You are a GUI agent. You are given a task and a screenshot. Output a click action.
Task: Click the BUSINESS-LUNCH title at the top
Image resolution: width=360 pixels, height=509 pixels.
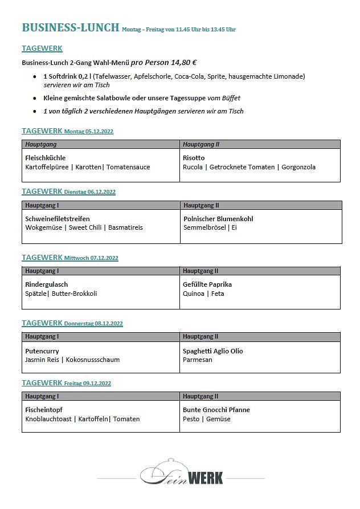[x=70, y=27]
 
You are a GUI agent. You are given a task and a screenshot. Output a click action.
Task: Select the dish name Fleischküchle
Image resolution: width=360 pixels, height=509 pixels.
[x=46, y=158]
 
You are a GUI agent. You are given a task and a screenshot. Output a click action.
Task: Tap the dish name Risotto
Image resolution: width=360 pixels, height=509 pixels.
[x=194, y=158]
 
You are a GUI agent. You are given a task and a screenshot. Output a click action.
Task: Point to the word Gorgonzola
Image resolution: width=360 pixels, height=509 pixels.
[x=298, y=167]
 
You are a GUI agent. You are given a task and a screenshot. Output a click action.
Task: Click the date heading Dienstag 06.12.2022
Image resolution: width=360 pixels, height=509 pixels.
[x=90, y=192]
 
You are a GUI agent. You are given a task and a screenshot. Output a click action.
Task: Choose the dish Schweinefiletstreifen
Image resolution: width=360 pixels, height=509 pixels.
[x=58, y=219]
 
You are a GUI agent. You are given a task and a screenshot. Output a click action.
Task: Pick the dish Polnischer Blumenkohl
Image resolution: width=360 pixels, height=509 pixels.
[x=218, y=219]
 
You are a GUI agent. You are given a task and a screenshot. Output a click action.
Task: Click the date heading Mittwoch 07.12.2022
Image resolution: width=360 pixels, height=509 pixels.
[x=91, y=258]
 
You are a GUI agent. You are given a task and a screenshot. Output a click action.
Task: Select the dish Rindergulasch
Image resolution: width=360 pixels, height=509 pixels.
[x=47, y=284]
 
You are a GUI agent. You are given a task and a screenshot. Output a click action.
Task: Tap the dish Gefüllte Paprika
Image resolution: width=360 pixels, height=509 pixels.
[x=207, y=284]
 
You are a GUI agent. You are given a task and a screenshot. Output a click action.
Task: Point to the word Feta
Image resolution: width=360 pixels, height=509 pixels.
[x=218, y=294]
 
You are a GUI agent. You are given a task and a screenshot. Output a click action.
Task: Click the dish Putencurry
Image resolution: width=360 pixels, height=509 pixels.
[x=42, y=351]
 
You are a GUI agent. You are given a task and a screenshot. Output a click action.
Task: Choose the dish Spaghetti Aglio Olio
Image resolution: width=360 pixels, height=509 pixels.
[x=212, y=351]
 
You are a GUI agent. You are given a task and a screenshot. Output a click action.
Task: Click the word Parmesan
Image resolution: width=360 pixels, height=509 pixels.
[x=198, y=360]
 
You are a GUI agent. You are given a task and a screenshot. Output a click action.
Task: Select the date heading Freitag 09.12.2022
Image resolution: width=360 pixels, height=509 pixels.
[x=88, y=384]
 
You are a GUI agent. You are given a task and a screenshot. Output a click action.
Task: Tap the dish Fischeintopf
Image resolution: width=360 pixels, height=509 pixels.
[x=44, y=410]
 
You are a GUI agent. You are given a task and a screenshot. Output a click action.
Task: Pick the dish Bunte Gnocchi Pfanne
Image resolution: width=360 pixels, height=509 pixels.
[x=216, y=410]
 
